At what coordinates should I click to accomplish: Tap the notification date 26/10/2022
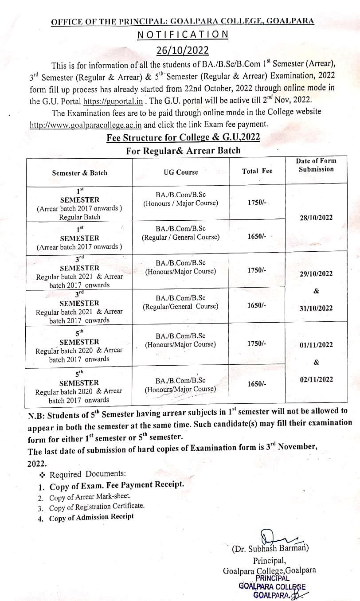pyautogui.click(x=183, y=50)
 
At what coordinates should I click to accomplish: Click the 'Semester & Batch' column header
pyautogui.click(x=79, y=173)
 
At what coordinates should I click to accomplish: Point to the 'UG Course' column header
pyautogui.click(x=181, y=172)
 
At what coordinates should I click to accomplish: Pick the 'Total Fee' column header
pyautogui.click(x=257, y=171)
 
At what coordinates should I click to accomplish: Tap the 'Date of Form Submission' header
pyautogui.click(x=316, y=165)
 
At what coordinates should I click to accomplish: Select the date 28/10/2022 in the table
pyautogui.click(x=316, y=218)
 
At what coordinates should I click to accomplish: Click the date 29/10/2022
pyautogui.click(x=316, y=273)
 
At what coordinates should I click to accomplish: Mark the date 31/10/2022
pyautogui.click(x=316, y=308)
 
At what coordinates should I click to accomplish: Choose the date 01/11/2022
pyautogui.click(x=316, y=344)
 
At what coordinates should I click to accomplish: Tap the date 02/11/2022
pyautogui.click(x=316, y=379)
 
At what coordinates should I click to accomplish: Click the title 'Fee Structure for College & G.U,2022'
pyautogui.click(x=183, y=137)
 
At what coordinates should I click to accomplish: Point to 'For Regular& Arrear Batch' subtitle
pyautogui.click(x=183, y=151)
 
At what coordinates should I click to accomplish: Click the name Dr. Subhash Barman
pyautogui.click(x=270, y=549)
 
